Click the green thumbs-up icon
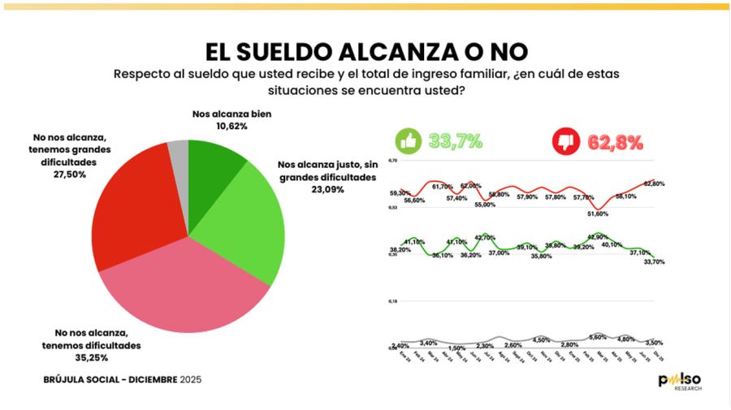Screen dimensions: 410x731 pyautogui.click(x=407, y=142)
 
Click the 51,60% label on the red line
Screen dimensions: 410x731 pyautogui.click(x=597, y=214)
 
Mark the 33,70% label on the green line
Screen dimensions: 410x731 pyautogui.click(x=653, y=261)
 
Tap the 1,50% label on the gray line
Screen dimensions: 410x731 pyautogui.click(x=456, y=347)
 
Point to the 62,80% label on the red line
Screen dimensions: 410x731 pyautogui.click(x=653, y=183)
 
